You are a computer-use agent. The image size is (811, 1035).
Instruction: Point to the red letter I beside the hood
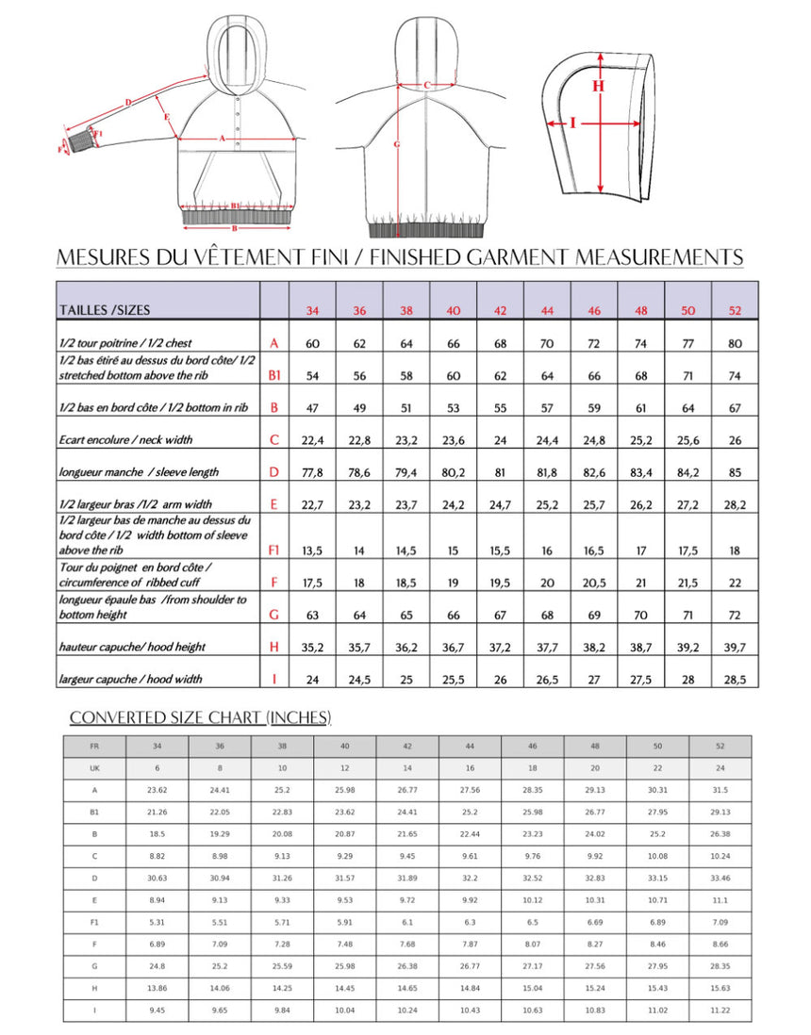pyautogui.click(x=573, y=122)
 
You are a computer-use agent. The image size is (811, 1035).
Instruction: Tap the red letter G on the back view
pyautogui.click(x=397, y=144)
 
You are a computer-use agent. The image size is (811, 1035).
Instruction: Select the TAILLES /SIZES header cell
pyautogui.click(x=105, y=309)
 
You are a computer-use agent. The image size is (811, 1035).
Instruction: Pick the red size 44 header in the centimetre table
pyautogui.click(x=547, y=311)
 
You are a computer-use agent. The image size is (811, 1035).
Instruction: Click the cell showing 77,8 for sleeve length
pyautogui.click(x=312, y=471)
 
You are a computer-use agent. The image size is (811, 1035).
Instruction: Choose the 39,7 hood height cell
pyautogui.click(x=735, y=647)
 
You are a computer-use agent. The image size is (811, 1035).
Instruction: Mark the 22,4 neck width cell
pyautogui.click(x=312, y=439)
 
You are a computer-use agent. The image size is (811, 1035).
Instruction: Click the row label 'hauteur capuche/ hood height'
pyautogui.click(x=132, y=647)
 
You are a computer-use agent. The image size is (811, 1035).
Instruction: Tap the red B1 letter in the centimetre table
pyautogui.click(x=274, y=375)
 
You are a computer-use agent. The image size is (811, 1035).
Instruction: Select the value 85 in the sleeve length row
pyautogui.click(x=735, y=471)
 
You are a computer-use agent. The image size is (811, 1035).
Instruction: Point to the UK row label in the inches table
pyautogui.click(x=94, y=768)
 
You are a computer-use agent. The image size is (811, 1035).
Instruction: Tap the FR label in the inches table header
pyautogui.click(x=94, y=746)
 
